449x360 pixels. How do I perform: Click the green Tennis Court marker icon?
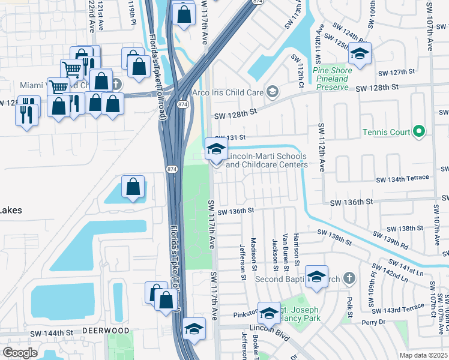(419, 132)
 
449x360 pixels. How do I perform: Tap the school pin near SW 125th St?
(360, 55)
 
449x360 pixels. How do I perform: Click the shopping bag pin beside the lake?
(133, 187)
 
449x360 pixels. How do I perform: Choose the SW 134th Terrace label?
(402, 178)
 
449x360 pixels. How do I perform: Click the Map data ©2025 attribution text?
(423, 355)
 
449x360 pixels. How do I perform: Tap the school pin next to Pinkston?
(270, 313)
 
